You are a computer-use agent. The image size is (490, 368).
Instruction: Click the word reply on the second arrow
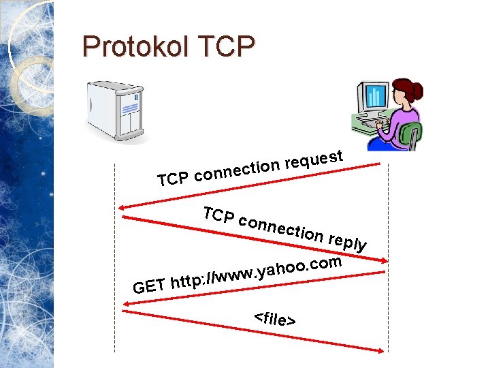(x=348, y=241)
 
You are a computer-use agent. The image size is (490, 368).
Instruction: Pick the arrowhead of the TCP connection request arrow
(x=120, y=207)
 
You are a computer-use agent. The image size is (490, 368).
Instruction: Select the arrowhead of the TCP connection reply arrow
(x=385, y=261)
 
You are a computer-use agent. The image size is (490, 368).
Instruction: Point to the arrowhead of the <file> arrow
(x=382, y=351)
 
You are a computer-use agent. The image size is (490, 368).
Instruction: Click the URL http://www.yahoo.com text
(x=255, y=271)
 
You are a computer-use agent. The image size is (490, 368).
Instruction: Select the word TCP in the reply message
(x=220, y=215)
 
